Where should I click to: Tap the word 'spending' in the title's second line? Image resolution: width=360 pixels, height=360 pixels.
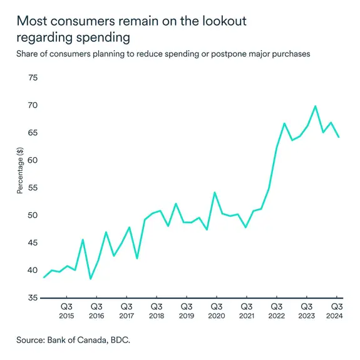tap(100, 38)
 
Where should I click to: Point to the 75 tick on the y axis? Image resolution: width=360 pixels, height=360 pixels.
tap(31, 78)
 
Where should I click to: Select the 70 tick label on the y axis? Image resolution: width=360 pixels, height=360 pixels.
tap(31, 105)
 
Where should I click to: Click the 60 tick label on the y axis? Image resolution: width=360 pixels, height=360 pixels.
tap(31, 160)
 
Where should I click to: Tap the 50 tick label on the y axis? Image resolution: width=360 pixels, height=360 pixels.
tap(31, 215)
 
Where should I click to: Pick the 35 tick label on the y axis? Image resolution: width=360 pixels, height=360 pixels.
tap(31, 298)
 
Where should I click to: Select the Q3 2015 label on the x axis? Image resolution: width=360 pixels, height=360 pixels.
tap(66, 311)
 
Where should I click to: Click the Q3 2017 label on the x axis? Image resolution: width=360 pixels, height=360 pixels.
tap(126, 311)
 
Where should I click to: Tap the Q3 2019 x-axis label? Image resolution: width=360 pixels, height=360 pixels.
tap(187, 311)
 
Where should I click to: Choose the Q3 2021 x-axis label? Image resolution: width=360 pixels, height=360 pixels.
tap(246, 311)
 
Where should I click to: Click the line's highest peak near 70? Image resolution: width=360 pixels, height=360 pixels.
tap(315, 106)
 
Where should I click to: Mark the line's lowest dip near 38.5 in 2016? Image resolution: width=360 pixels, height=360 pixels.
tap(90, 279)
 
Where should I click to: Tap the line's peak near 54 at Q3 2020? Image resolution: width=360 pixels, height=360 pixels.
tap(214, 192)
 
